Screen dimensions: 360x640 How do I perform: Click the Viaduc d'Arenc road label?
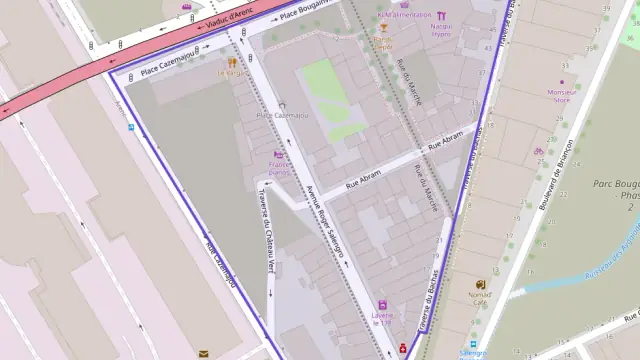(x=231, y=16)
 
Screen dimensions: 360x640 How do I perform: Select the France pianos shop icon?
(x=279, y=154)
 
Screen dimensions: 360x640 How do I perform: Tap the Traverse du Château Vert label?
(x=269, y=231)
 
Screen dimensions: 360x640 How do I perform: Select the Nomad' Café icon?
(x=479, y=283)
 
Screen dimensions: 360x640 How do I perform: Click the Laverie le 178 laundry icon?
(x=381, y=304)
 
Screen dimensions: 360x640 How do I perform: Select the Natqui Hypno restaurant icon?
(x=441, y=15)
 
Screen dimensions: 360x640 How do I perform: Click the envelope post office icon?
(x=203, y=353)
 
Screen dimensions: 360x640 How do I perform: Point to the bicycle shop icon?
(x=538, y=152)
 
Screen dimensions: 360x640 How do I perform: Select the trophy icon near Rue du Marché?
(x=383, y=29)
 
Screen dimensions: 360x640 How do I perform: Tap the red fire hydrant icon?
(x=402, y=349)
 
